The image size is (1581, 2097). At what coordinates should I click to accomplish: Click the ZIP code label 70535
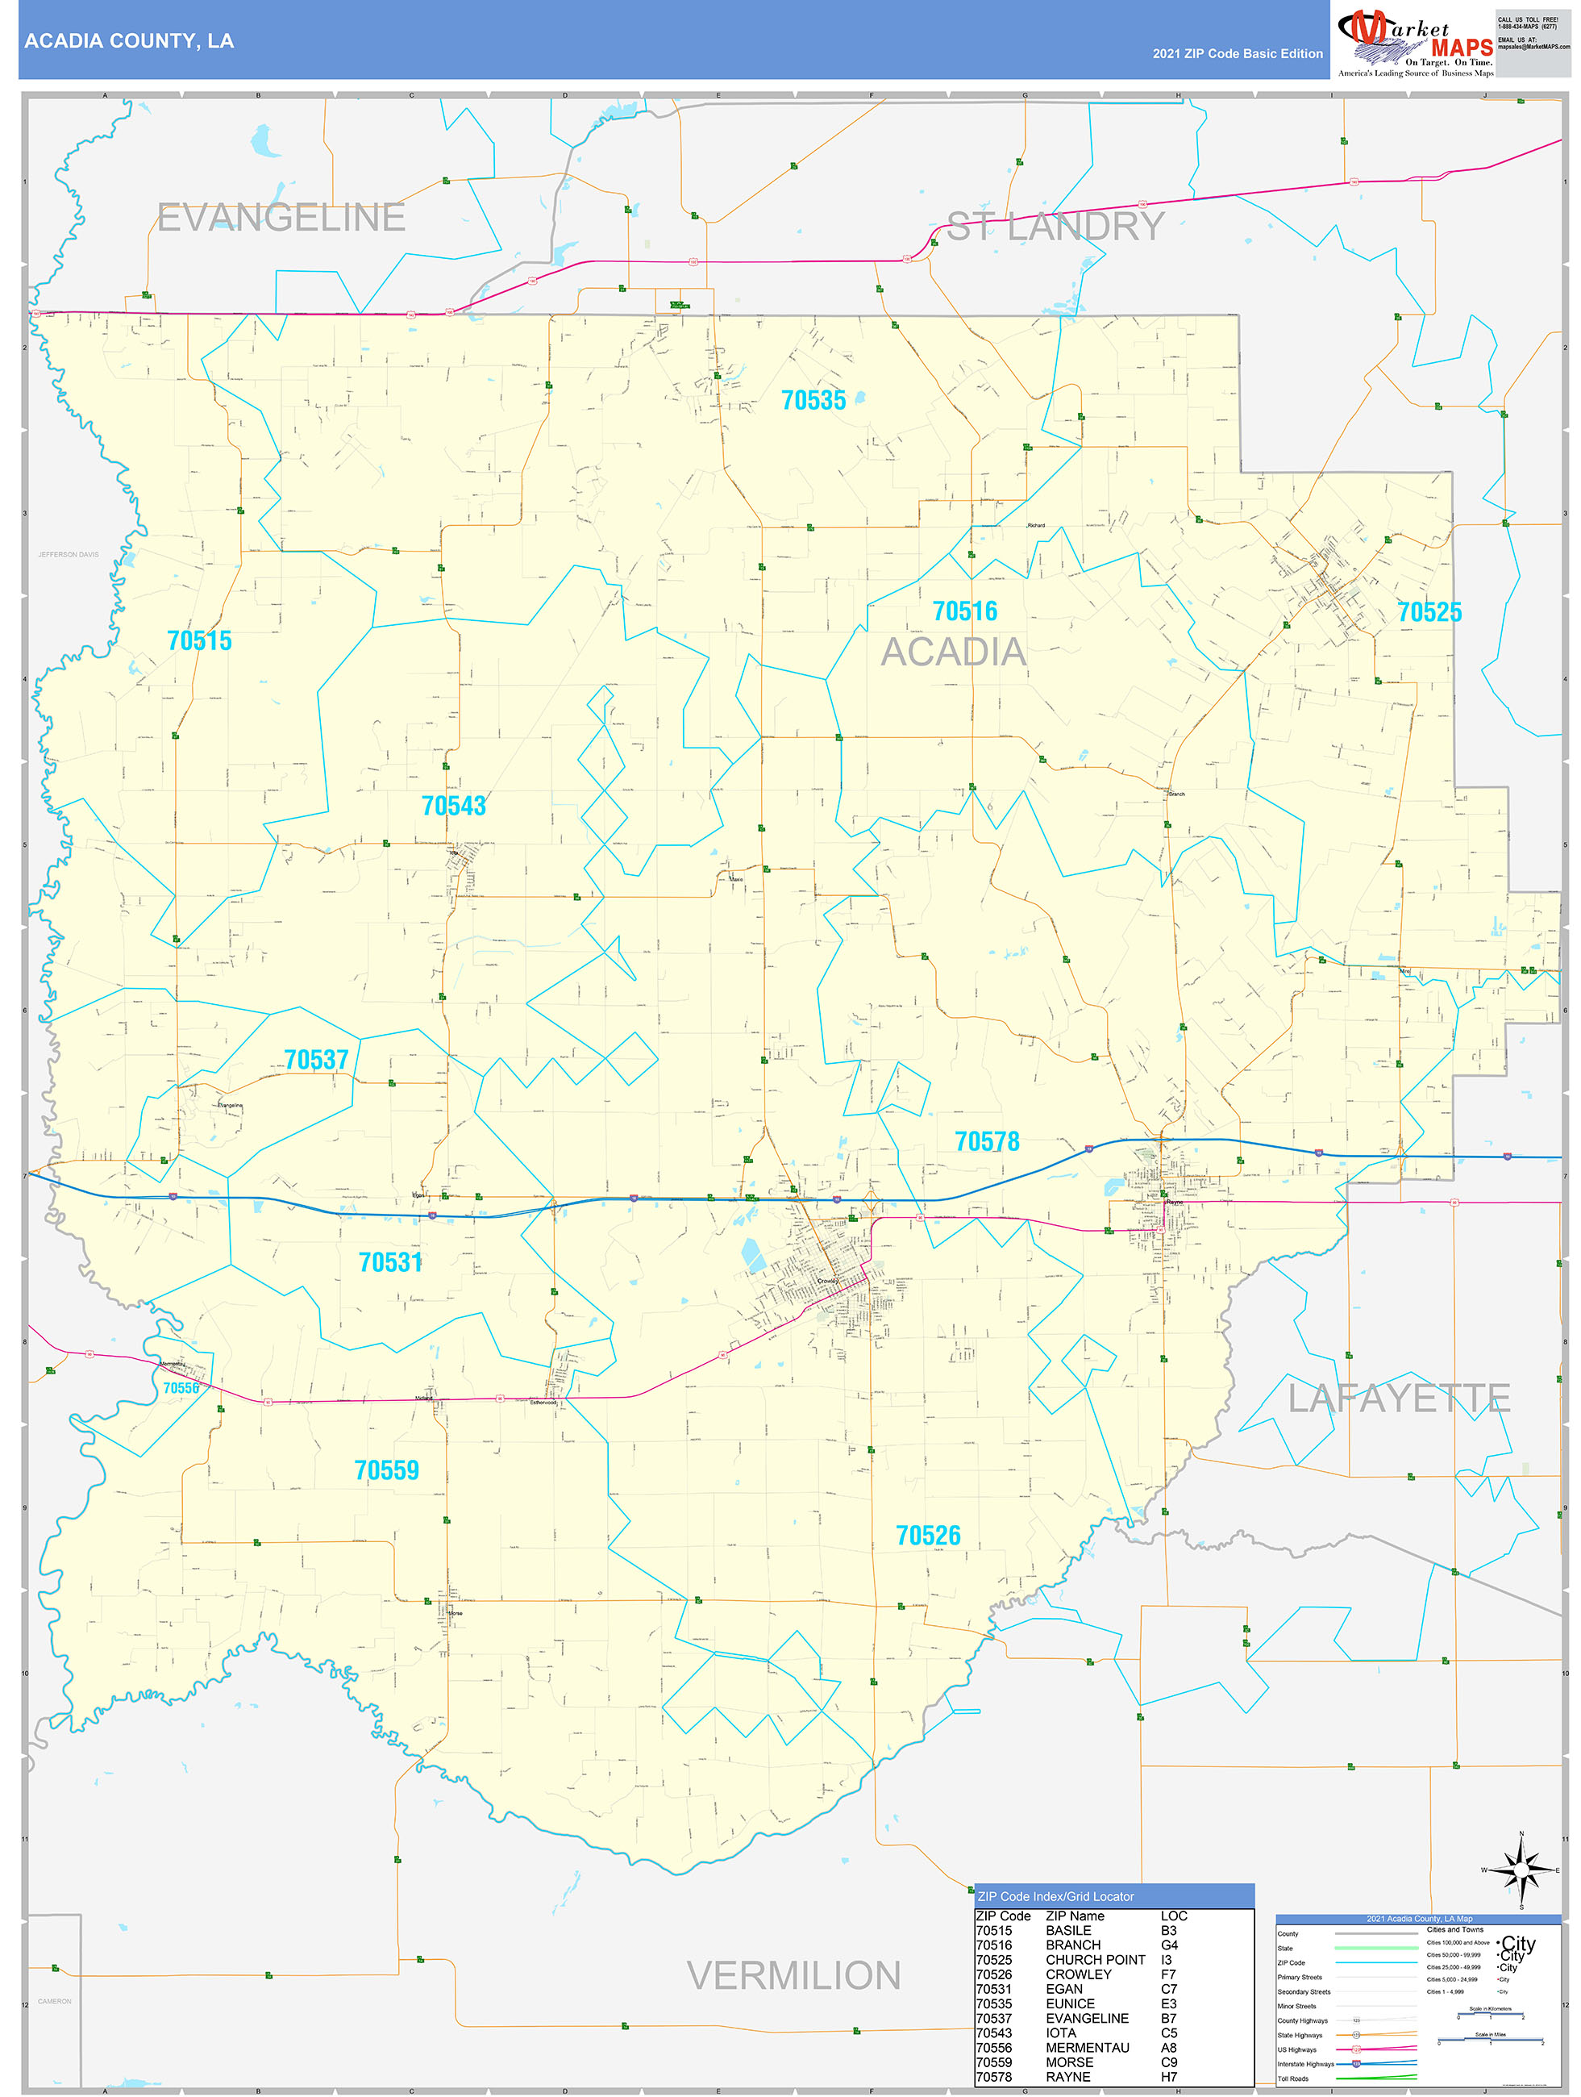pyautogui.click(x=813, y=400)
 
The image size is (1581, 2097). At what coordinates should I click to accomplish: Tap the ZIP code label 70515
pyautogui.click(x=199, y=641)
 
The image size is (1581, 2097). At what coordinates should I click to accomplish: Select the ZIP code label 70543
pyautogui.click(x=453, y=806)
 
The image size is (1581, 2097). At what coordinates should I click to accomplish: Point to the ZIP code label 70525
pyautogui.click(x=1429, y=612)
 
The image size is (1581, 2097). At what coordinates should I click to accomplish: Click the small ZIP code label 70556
pyautogui.click(x=181, y=1388)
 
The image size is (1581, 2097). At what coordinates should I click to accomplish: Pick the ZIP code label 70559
pyautogui.click(x=385, y=1470)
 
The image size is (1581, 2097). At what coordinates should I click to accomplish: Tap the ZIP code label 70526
pyautogui.click(x=928, y=1536)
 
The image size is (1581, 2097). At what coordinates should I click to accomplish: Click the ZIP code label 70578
pyautogui.click(x=987, y=1141)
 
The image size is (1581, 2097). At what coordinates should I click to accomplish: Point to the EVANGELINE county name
pyautogui.click(x=281, y=218)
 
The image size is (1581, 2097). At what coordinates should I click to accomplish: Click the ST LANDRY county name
pyautogui.click(x=1056, y=227)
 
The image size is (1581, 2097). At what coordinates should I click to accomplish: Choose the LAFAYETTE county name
pyautogui.click(x=1398, y=1399)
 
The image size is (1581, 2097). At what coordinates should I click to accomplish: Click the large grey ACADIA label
pyautogui.click(x=954, y=652)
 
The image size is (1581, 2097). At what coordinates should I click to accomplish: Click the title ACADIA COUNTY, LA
pyautogui.click(x=129, y=41)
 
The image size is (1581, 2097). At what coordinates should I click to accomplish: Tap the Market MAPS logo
pyautogui.click(x=1415, y=44)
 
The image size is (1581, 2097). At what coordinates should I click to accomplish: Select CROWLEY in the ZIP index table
pyautogui.click(x=1078, y=1974)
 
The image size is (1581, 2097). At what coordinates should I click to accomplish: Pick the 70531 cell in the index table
pyautogui.click(x=993, y=1989)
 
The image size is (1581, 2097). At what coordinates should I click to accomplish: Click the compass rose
pyautogui.click(x=1521, y=1870)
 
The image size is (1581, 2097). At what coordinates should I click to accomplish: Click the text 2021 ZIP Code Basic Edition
pyautogui.click(x=1237, y=54)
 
